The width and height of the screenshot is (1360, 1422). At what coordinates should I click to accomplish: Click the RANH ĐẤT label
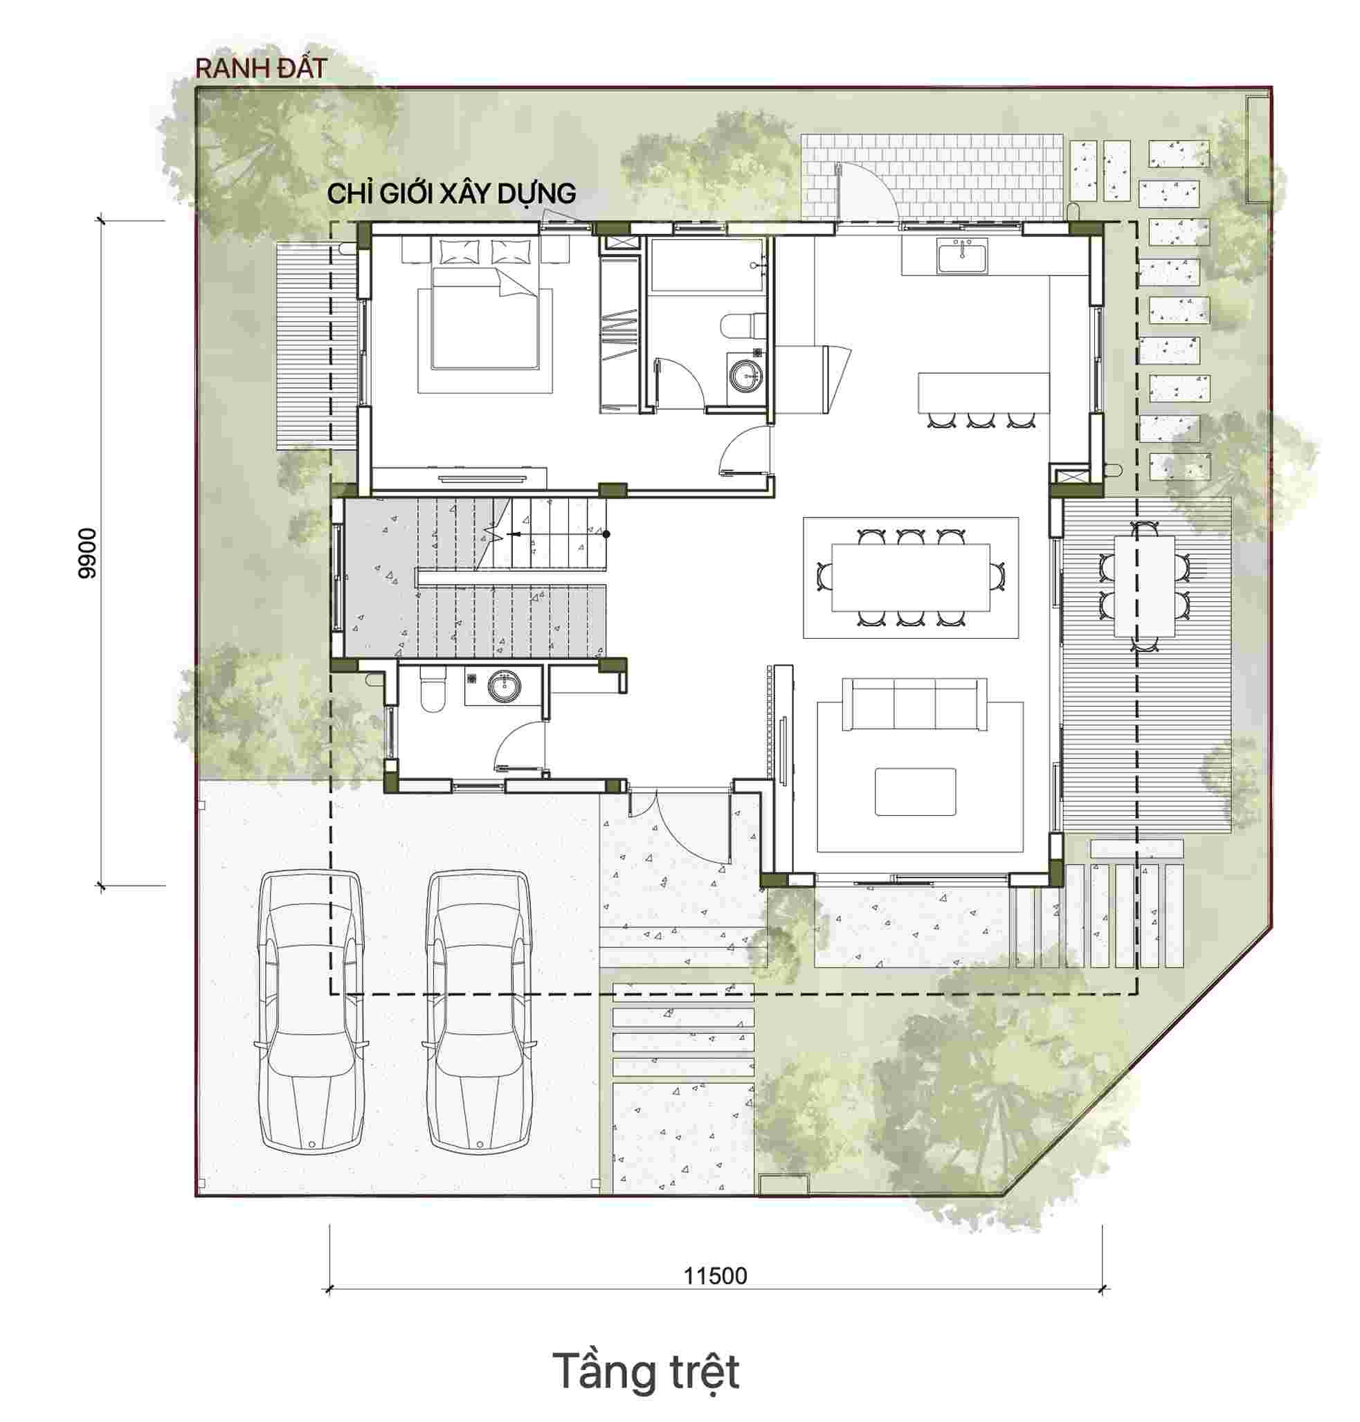pos(261,69)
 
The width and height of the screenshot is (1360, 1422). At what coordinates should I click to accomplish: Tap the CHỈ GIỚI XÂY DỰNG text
pos(452,194)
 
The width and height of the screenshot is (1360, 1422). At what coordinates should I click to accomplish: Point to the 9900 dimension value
pos(87,553)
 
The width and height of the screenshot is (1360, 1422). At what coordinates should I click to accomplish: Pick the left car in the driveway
pos(310,1013)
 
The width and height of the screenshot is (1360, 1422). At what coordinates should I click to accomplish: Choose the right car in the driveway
pos(478,1013)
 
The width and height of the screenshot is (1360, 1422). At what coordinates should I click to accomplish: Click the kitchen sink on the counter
pos(962,259)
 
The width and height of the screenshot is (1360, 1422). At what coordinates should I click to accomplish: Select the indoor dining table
pos(911,577)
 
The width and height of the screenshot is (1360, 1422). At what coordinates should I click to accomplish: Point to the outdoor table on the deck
pos(1144,585)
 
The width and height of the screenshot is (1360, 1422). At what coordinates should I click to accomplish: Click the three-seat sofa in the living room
pos(914,704)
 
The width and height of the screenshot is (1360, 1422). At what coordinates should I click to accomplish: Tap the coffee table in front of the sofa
pos(915,792)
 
